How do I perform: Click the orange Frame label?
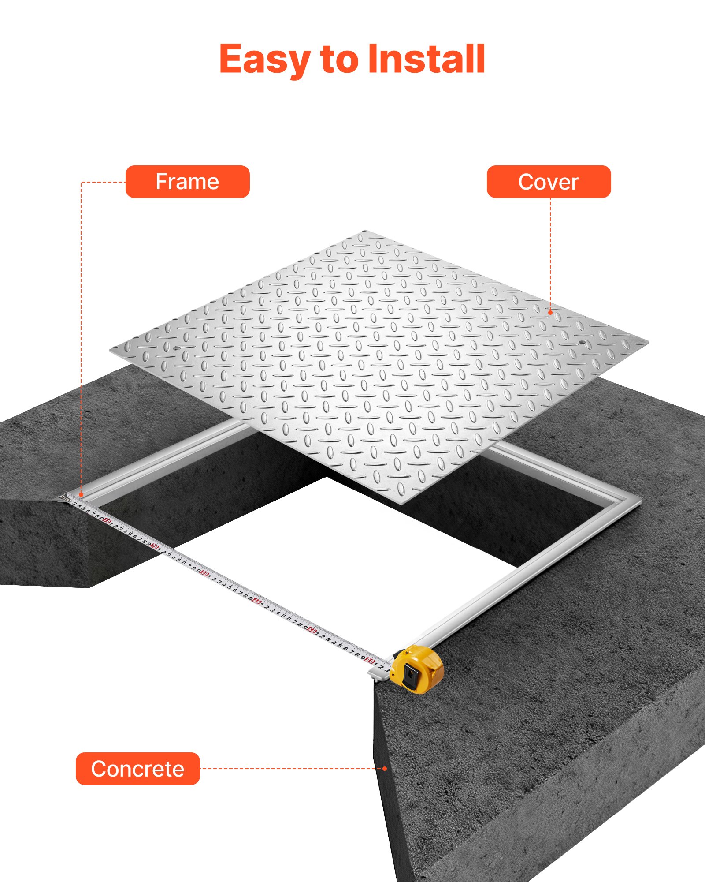point(187,182)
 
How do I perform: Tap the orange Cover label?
point(549,182)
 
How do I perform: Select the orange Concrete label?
point(137,769)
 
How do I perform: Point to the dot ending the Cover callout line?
point(550,312)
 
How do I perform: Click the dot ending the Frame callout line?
point(81,495)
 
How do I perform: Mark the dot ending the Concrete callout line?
point(385,769)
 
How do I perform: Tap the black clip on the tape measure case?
point(411,675)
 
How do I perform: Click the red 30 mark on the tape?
point(204,573)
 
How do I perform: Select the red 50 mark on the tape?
point(312,630)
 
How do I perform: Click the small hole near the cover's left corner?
point(177,348)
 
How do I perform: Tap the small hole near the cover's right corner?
point(582,342)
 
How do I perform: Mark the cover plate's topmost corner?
point(365,231)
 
